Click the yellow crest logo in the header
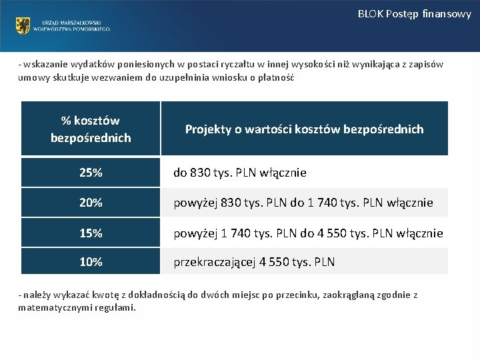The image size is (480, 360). pos(23,26)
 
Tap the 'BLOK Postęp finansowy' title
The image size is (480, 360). pos(414,13)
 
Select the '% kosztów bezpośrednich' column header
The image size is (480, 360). pos(91,129)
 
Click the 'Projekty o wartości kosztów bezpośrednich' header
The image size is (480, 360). pos(304,129)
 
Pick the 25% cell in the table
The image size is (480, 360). pos(91,173)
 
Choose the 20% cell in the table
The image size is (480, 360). pos(91,202)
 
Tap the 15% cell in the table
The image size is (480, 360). pos(91,233)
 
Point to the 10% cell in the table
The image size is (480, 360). pos(91,262)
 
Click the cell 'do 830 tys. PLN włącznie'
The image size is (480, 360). pos(240,173)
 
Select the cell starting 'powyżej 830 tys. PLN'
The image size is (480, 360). pos(303,202)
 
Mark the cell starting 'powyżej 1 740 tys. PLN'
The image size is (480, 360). pos(308,233)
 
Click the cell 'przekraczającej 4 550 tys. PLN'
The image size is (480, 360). pos(254,262)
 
